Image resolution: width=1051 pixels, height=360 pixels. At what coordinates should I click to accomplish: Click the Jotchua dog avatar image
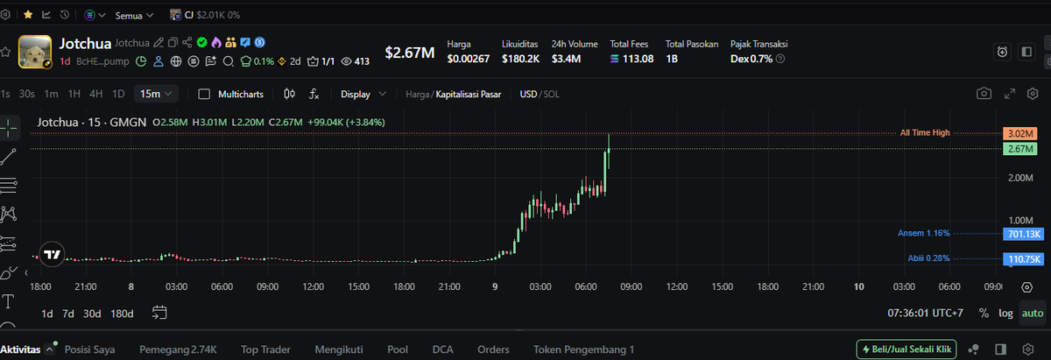point(35,52)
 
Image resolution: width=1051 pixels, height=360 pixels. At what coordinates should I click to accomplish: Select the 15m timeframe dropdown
point(156,94)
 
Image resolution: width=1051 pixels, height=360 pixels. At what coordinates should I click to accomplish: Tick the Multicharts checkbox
point(204,95)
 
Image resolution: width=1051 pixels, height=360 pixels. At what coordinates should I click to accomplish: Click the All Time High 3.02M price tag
point(1019,133)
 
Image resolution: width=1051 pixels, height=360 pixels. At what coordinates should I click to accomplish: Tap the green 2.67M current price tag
point(1019,149)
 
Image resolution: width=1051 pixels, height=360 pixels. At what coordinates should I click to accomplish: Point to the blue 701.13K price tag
point(1023,234)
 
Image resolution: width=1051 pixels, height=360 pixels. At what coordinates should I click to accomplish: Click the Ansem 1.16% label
point(923,233)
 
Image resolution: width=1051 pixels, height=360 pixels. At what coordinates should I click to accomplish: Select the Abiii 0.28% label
point(928,258)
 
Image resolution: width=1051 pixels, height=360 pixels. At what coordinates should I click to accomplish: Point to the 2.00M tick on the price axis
point(1020,178)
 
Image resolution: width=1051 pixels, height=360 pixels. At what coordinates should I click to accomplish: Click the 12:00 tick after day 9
point(676,286)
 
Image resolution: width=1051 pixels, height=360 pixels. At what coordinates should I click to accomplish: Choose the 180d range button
point(122,314)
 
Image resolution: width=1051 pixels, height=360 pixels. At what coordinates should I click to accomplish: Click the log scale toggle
point(1005,313)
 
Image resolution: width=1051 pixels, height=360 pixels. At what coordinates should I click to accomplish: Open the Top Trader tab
point(265,349)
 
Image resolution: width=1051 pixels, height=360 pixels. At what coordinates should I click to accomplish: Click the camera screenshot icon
point(984,94)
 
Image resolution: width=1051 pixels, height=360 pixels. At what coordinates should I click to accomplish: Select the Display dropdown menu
point(363,95)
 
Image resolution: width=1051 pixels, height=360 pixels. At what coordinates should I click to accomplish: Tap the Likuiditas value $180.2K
point(520,60)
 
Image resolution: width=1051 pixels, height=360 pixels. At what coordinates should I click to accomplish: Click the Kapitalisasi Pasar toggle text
point(469,95)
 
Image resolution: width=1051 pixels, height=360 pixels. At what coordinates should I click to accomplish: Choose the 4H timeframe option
point(95,94)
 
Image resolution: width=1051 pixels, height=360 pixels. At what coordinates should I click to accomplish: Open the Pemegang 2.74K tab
point(178,349)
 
